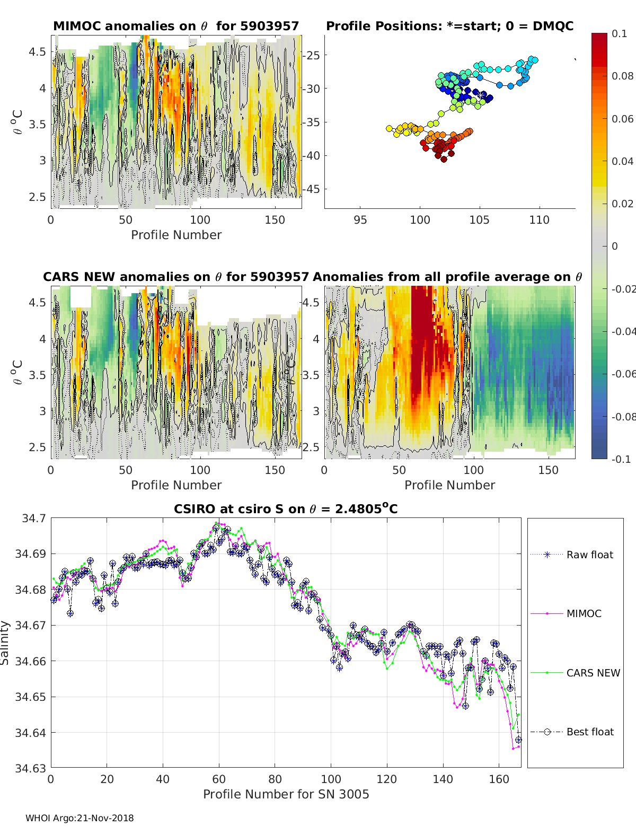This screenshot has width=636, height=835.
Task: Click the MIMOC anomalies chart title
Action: [176, 26]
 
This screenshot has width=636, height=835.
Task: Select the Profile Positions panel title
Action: [449, 26]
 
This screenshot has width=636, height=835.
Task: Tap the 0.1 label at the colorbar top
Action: [619, 33]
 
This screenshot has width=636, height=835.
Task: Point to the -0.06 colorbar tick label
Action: [623, 374]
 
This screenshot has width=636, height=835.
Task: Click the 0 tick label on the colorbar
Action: [615, 246]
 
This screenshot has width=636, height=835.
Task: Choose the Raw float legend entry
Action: [589, 555]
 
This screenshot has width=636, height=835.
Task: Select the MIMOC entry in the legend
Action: [584, 613]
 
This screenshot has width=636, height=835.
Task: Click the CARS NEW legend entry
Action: [593, 673]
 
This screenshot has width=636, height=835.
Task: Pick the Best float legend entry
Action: [589, 732]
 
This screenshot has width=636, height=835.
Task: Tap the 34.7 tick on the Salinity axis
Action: [34, 518]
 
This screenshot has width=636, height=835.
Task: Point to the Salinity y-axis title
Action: [5, 643]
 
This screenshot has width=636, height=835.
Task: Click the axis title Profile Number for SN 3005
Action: [286, 794]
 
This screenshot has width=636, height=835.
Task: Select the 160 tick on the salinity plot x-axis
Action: [499, 779]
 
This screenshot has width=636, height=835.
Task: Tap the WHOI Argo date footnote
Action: [79, 818]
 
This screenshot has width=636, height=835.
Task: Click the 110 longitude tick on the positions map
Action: [539, 219]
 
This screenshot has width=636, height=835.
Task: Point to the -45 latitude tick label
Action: [313, 189]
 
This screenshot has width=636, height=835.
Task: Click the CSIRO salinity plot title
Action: [286, 509]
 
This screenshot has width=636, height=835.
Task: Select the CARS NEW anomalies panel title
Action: [175, 277]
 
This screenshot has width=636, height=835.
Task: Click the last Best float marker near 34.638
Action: [518, 740]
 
